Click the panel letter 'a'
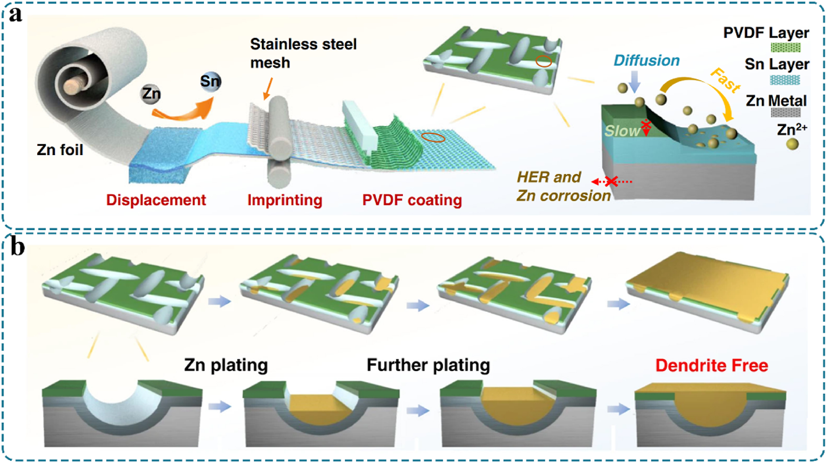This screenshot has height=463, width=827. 15,15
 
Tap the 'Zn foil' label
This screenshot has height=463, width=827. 60,150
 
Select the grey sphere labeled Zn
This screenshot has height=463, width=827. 151,94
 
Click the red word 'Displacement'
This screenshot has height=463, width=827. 156,200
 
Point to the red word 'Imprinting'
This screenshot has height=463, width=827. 285,200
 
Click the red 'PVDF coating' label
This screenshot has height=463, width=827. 412,200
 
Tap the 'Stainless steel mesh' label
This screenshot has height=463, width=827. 303,53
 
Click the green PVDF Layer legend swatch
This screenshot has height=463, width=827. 785,48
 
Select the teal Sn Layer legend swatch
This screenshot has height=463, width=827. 785,80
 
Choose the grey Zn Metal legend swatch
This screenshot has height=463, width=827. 785,112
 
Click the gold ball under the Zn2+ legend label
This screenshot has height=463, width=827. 792,144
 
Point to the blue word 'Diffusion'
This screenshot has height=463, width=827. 647,61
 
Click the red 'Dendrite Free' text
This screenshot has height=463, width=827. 712,365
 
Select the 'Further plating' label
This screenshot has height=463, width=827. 428,365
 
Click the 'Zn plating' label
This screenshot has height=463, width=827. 226,365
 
